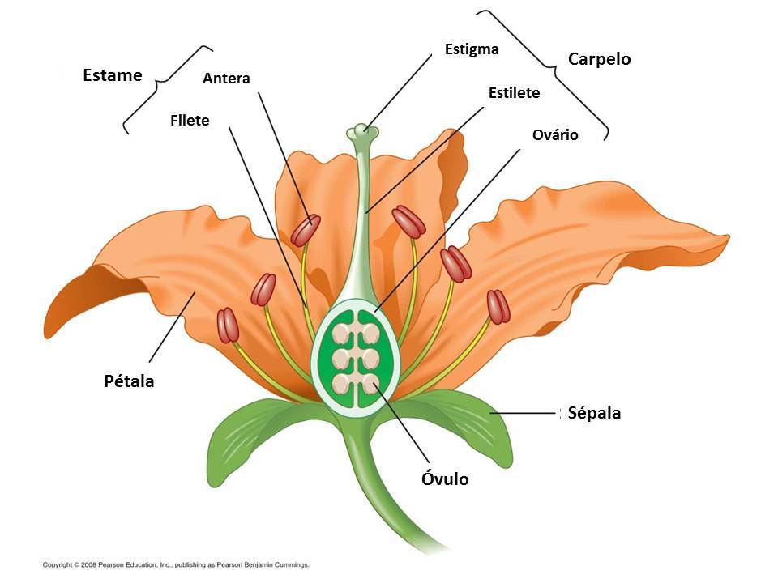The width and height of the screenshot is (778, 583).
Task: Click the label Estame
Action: tap(112, 75)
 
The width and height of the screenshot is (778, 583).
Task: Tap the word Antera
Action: tap(226, 79)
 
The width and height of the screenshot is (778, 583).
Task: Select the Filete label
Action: tap(190, 121)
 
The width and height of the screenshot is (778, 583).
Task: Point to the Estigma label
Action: tap(472, 49)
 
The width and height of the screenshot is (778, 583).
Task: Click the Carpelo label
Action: tap(599, 59)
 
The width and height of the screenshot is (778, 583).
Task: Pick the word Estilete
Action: tap(514, 93)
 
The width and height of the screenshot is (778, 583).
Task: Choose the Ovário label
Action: tap(555, 134)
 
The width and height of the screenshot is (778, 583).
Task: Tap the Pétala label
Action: tap(129, 381)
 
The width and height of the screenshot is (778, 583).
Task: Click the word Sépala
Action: tap(594, 413)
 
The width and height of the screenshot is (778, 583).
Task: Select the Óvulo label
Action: tap(445, 479)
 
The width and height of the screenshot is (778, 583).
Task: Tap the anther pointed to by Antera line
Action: tap(306, 230)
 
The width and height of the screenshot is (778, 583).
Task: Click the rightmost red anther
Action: tap(498, 307)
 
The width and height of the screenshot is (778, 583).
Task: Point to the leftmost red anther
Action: tap(229, 325)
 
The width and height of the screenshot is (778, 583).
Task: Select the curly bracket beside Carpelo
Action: tap(551, 73)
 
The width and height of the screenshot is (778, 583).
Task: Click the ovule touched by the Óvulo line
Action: tap(370, 384)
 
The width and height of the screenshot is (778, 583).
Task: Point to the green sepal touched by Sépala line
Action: tap(470, 421)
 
